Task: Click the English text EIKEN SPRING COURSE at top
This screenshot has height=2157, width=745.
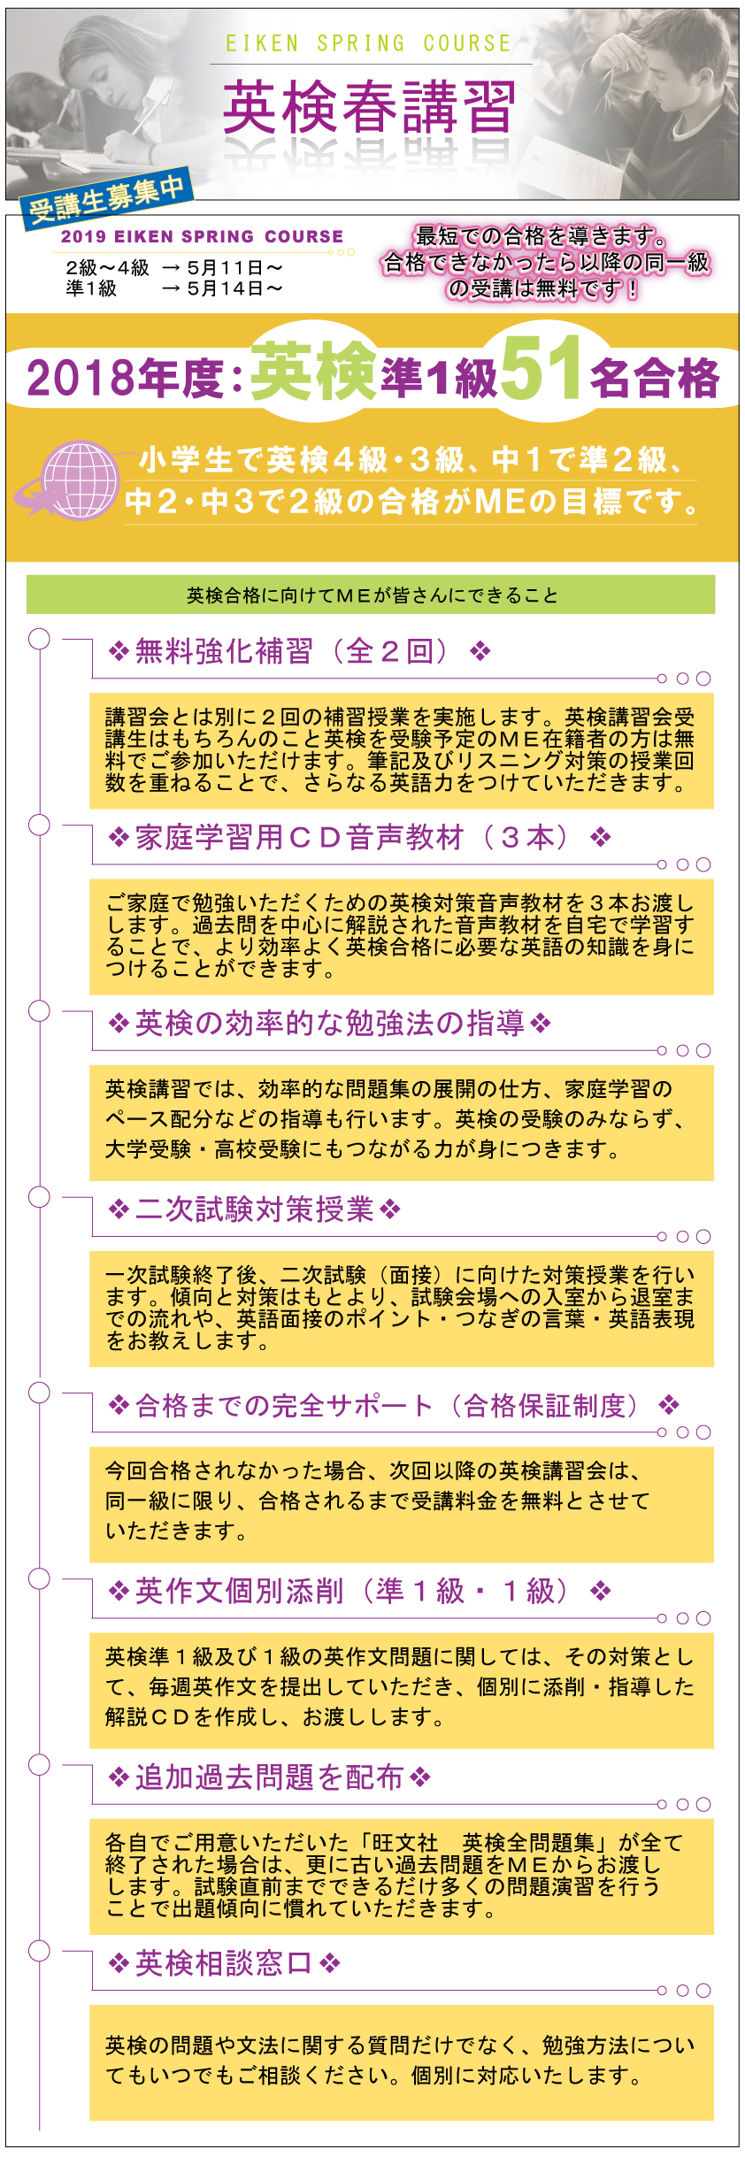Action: coord(369,43)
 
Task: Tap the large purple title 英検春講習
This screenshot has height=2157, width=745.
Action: coord(369,107)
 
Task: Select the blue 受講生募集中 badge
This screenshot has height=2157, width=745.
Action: coord(106,197)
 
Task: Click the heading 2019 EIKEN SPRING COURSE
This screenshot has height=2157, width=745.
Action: coord(202,236)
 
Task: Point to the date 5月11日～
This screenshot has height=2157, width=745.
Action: coord(234,267)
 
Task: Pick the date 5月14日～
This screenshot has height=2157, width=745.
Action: coord(234,288)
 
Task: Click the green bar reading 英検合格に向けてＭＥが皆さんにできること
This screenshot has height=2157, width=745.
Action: coord(371,595)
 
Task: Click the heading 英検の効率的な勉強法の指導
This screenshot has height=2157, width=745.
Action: coord(329,1024)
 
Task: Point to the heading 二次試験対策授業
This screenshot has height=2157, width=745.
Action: coord(254,1209)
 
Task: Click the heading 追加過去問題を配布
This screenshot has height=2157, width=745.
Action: coord(269,1777)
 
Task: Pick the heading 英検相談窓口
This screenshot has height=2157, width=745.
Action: coord(224,1963)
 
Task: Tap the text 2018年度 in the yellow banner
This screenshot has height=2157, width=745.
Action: coord(124,378)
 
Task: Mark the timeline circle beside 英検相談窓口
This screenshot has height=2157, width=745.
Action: coord(39,1950)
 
